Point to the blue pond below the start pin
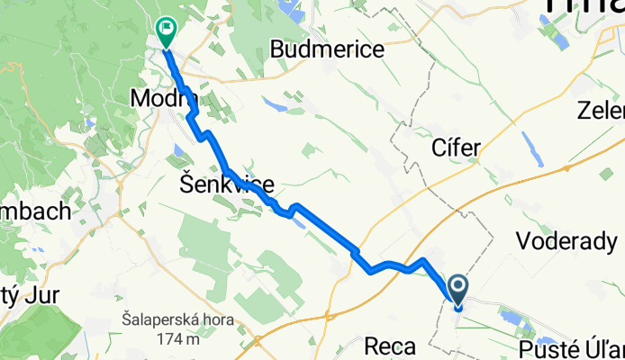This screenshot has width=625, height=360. point(512,318)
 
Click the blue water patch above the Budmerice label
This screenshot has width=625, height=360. point(293,11)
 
